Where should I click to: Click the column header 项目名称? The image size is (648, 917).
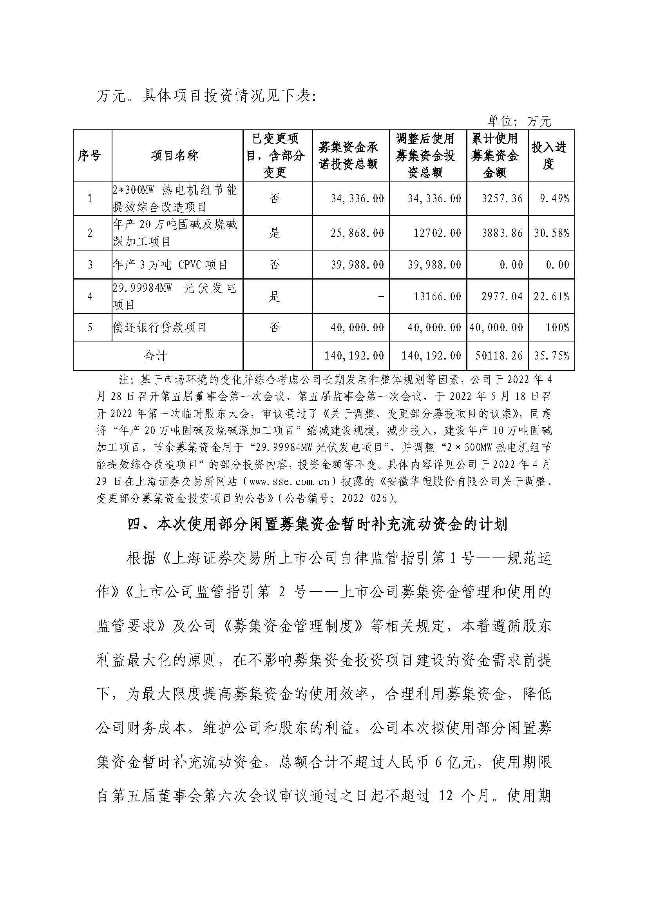(175, 155)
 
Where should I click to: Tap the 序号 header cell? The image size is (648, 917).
(89, 155)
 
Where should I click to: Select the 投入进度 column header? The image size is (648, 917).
(549, 155)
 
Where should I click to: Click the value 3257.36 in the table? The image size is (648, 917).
(502, 198)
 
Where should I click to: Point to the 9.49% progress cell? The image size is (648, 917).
(554, 198)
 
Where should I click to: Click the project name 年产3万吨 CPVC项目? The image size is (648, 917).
(170, 264)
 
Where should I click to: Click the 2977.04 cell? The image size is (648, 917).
(502, 296)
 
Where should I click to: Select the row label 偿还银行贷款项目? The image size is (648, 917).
(159, 328)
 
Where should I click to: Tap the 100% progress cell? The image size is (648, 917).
(557, 328)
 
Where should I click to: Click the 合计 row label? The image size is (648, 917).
(156, 356)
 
